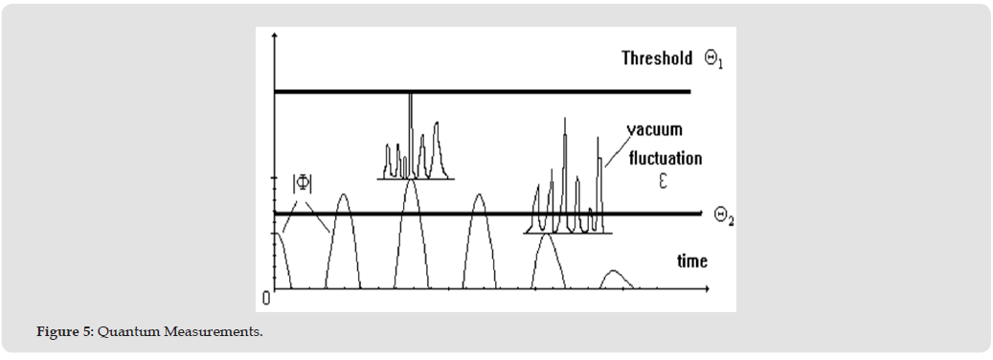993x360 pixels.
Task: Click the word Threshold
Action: coord(657,58)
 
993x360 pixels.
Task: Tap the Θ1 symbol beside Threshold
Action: coord(713,60)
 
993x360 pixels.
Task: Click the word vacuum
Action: coord(655,130)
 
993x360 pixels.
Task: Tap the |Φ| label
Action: coord(302,183)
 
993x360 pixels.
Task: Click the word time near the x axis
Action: coord(691,260)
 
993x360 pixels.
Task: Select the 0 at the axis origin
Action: coord(266,298)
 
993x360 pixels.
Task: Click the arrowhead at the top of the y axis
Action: coord(274,34)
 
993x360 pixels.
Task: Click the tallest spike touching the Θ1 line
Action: coord(411,135)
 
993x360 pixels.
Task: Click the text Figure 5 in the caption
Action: coord(64,331)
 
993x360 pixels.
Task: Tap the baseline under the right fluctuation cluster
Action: coord(568,234)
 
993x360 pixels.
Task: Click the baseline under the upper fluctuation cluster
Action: coord(416,179)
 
